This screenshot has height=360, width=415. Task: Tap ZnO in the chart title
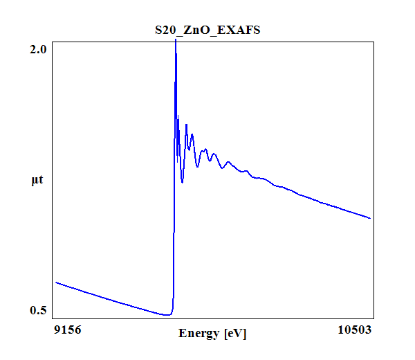196,30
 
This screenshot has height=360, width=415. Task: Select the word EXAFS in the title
237,30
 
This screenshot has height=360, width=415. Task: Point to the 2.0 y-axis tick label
38,50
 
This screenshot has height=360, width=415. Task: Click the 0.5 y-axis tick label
38,310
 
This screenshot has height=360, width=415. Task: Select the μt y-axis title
37,181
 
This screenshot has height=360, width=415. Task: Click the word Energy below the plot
199,334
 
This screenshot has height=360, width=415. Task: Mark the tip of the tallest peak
176,40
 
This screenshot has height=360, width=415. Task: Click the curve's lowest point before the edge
167,314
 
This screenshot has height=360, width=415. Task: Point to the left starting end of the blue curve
55,282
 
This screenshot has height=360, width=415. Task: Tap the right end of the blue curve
371,218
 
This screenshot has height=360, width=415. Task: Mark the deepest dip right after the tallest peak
182,182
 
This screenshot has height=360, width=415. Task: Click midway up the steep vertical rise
174,180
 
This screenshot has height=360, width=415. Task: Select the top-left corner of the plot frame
55,40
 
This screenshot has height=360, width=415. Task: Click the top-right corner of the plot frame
372,40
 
